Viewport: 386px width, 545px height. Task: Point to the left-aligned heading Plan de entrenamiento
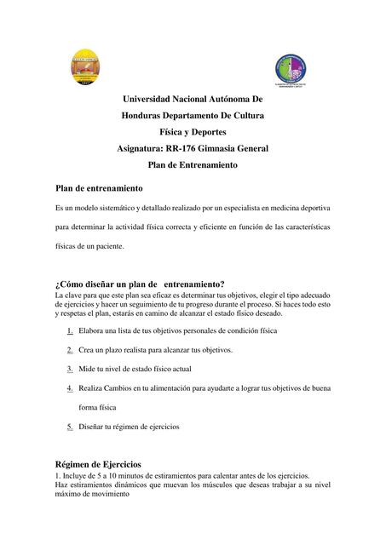point(98,187)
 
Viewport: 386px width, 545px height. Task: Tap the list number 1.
point(69,329)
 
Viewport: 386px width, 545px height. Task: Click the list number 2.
point(69,349)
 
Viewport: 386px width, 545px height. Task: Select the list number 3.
point(69,369)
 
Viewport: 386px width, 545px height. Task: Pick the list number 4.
point(69,388)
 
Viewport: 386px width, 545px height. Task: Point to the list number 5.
point(69,426)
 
